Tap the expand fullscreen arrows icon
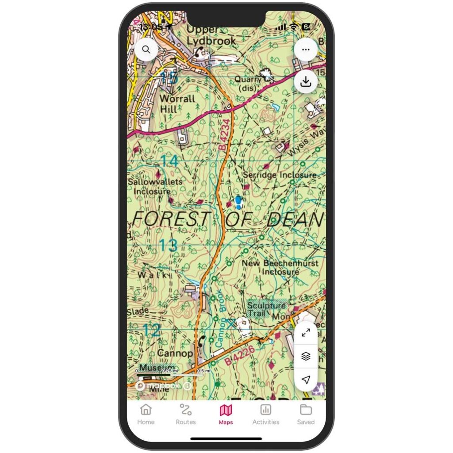click(306, 333)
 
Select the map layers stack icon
click(306, 357)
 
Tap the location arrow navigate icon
click(306, 380)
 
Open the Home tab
click(146, 414)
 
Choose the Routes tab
click(186, 414)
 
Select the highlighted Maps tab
click(226, 414)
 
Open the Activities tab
click(265, 414)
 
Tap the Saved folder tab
click(306, 414)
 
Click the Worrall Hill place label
click(177, 104)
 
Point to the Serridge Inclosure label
click(280, 175)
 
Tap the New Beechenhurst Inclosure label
click(280, 267)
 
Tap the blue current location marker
click(239, 203)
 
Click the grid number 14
click(169, 161)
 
